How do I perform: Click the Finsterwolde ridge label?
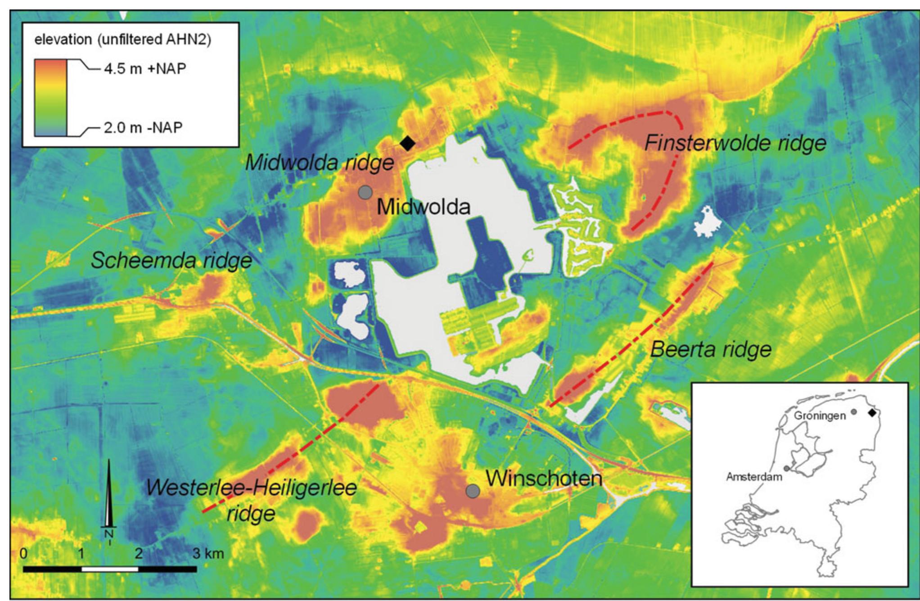click(735, 144)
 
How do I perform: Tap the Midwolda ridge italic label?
click(319, 163)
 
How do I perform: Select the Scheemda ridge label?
click(171, 261)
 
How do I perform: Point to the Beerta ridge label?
click(711, 349)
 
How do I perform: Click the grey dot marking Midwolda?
click(365, 193)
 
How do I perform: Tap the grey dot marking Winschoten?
click(472, 491)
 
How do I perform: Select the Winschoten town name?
click(544, 478)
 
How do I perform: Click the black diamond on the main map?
click(407, 143)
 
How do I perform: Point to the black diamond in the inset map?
click(872, 412)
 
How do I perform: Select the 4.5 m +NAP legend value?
click(144, 69)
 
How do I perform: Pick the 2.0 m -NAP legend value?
click(143, 127)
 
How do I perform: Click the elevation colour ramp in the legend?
click(51, 97)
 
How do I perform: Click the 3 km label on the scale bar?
click(208, 553)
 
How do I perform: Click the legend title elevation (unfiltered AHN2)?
click(123, 40)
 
